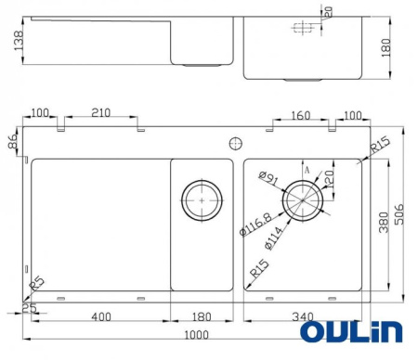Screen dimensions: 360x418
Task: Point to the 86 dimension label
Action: click(x=12, y=143)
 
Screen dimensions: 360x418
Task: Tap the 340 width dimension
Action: click(x=304, y=317)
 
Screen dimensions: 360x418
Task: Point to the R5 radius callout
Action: click(x=36, y=283)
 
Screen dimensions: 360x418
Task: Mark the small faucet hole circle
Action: click(x=234, y=143)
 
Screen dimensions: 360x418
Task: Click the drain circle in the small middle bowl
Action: click(x=202, y=200)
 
